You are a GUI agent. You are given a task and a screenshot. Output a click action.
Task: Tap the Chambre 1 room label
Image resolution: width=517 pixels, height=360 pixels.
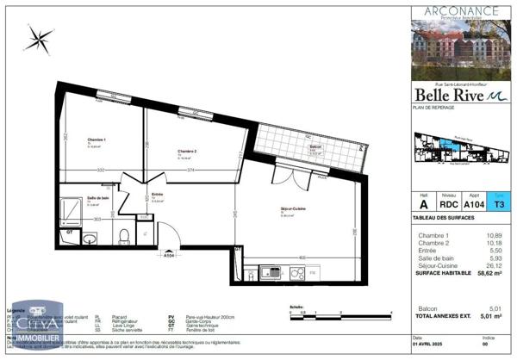[97, 140]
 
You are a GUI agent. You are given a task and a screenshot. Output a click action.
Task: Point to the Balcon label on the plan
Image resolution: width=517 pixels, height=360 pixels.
[316, 147]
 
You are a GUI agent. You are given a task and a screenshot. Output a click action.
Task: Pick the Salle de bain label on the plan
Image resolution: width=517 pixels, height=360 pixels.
[97, 198]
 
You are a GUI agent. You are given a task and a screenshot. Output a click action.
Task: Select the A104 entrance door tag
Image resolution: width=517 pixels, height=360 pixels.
[170, 255]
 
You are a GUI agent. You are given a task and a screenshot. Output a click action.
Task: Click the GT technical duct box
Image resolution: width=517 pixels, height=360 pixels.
[71, 233]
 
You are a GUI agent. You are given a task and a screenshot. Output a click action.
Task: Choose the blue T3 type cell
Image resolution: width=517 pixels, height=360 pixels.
[499, 204]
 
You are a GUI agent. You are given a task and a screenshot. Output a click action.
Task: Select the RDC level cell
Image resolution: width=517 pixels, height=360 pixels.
[450, 204]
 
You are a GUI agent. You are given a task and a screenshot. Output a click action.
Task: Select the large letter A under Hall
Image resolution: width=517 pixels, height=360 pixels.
[423, 204]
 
